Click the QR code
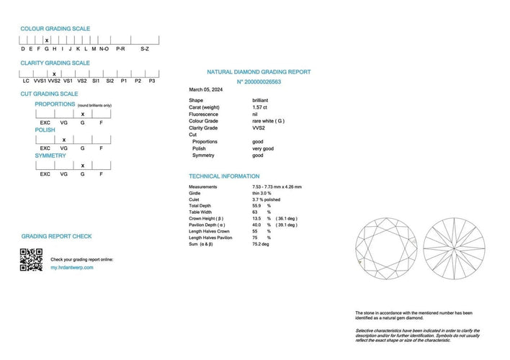tap(31, 259)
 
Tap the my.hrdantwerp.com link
tap(72, 267)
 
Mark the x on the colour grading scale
tap(47, 40)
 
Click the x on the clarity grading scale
tap(53, 73)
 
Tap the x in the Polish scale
tap(64, 140)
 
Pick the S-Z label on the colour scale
tap(144, 48)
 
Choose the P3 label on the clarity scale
tap(152, 81)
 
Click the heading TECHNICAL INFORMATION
tap(224, 176)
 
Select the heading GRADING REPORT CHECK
tap(56, 236)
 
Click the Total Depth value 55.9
tap(257, 206)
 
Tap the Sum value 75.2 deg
tap(260, 244)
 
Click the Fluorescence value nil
tap(256, 114)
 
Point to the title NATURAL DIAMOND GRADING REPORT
tap(259, 72)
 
